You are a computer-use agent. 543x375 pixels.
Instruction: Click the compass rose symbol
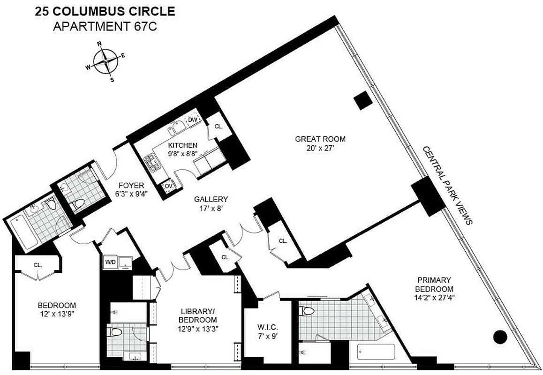[x=106, y=61]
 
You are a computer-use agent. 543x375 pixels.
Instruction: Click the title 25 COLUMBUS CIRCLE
[x=105, y=11]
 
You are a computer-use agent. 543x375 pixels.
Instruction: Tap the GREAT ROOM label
[x=320, y=139]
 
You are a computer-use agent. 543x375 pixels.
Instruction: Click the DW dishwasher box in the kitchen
[x=193, y=120]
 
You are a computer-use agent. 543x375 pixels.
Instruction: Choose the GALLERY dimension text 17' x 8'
[x=211, y=208]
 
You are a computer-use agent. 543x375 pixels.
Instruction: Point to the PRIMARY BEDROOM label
[x=433, y=284]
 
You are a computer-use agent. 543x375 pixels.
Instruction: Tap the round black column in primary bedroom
[x=500, y=336]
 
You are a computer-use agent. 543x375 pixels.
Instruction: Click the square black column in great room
[x=362, y=101]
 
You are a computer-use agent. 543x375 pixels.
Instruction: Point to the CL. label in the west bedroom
[x=38, y=265]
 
